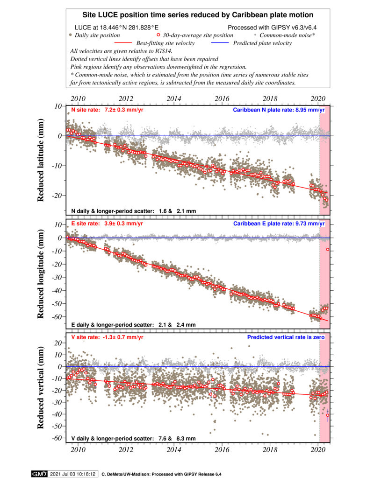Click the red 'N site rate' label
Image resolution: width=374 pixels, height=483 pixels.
tap(107, 110)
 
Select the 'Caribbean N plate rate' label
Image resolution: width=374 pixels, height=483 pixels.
tap(278, 110)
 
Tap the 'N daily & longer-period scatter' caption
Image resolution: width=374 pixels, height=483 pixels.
tap(133, 211)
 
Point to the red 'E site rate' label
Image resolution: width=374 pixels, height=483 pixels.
tap(107, 224)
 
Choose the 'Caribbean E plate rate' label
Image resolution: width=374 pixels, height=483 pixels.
tap(278, 224)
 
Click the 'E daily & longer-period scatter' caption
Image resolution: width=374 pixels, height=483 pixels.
tap(133, 325)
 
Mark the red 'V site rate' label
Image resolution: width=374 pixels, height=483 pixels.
tap(107, 337)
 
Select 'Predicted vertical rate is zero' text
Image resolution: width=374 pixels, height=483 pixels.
tap(286, 337)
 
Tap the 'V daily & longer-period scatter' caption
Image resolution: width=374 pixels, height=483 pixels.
tap(133, 439)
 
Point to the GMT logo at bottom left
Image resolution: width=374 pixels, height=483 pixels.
tap(39, 474)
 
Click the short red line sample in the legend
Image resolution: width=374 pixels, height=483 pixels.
tap(123, 42)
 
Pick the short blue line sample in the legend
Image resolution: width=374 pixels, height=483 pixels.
tap(220, 42)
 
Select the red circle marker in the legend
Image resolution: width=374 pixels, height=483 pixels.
tap(158, 35)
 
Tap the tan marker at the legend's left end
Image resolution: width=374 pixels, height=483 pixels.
tap(70, 35)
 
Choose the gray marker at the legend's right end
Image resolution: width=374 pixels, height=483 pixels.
tap(255, 35)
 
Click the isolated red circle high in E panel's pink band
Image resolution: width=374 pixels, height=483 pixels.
tap(328, 250)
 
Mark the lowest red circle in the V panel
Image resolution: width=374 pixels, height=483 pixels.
tap(328, 415)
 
